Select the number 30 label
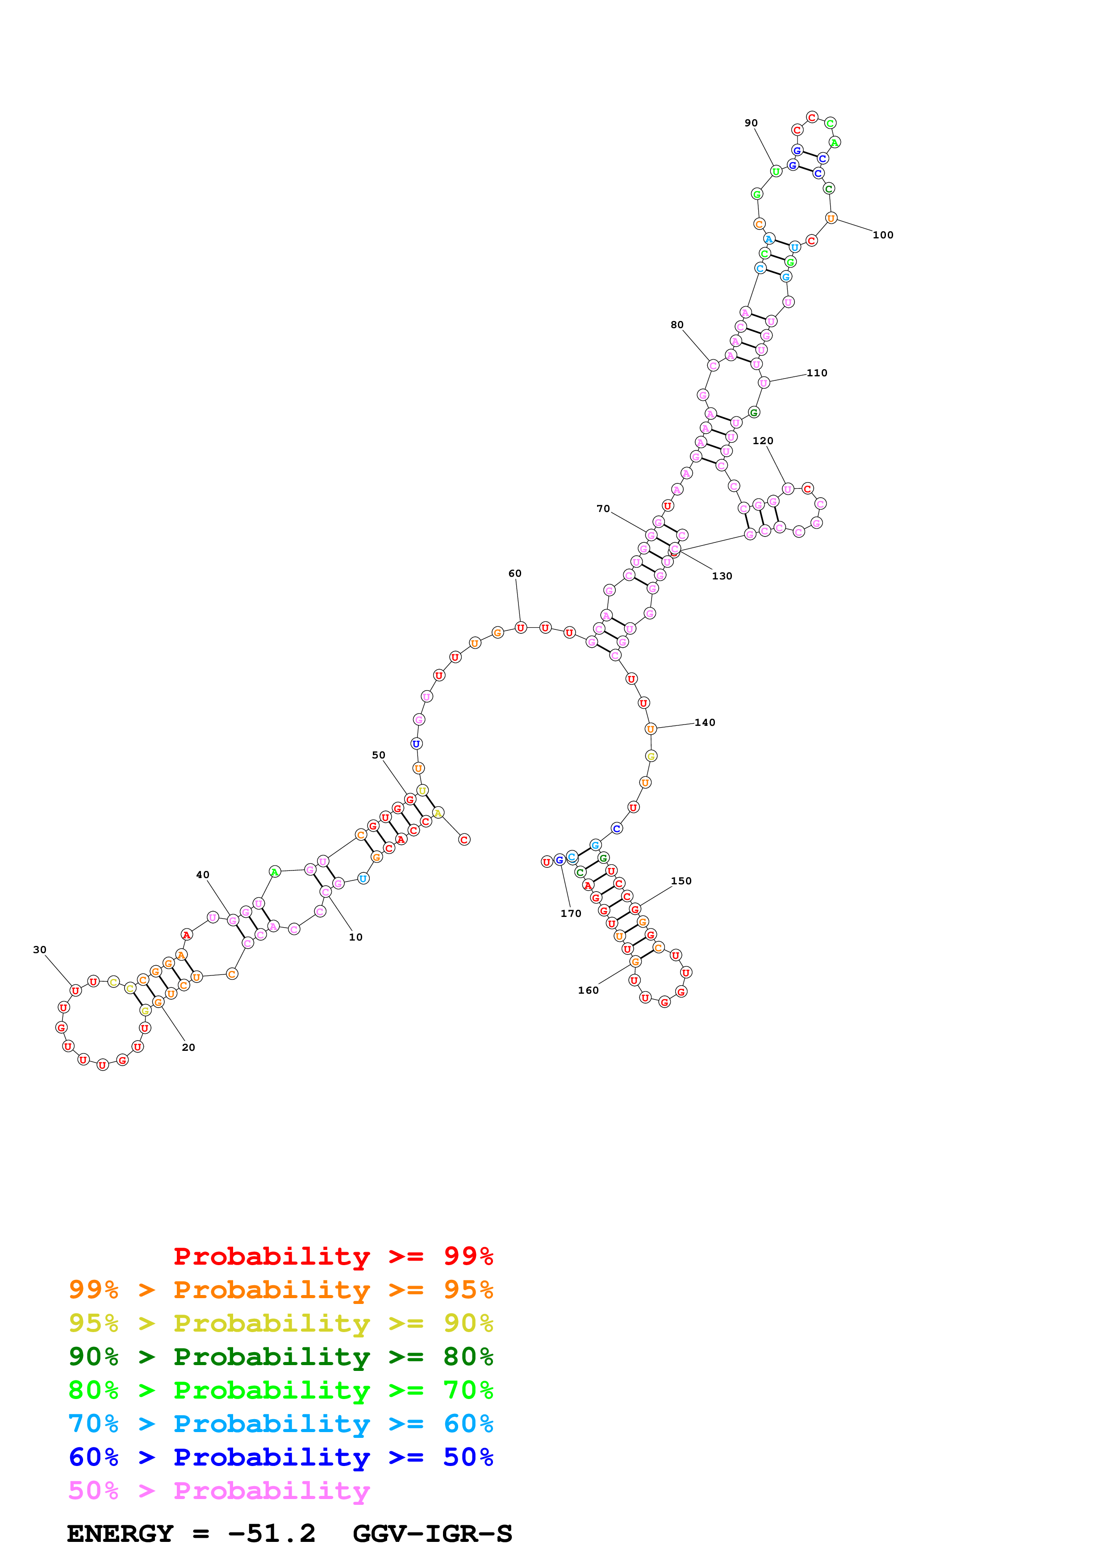pos(40,950)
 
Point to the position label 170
pos(571,913)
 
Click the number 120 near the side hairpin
pos(763,441)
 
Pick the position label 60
pos(515,573)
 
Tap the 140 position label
pos(705,722)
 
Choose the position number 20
pos(188,1047)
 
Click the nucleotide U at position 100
pos(831,218)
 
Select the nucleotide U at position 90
pos(776,171)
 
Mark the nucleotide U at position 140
pos(650,729)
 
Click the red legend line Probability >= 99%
pos(333,1256)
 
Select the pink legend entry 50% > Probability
pos(218,1490)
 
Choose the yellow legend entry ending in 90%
pos(280,1323)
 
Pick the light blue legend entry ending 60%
pos(280,1424)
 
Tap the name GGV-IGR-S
pos(432,1534)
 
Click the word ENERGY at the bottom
pos(120,1534)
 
